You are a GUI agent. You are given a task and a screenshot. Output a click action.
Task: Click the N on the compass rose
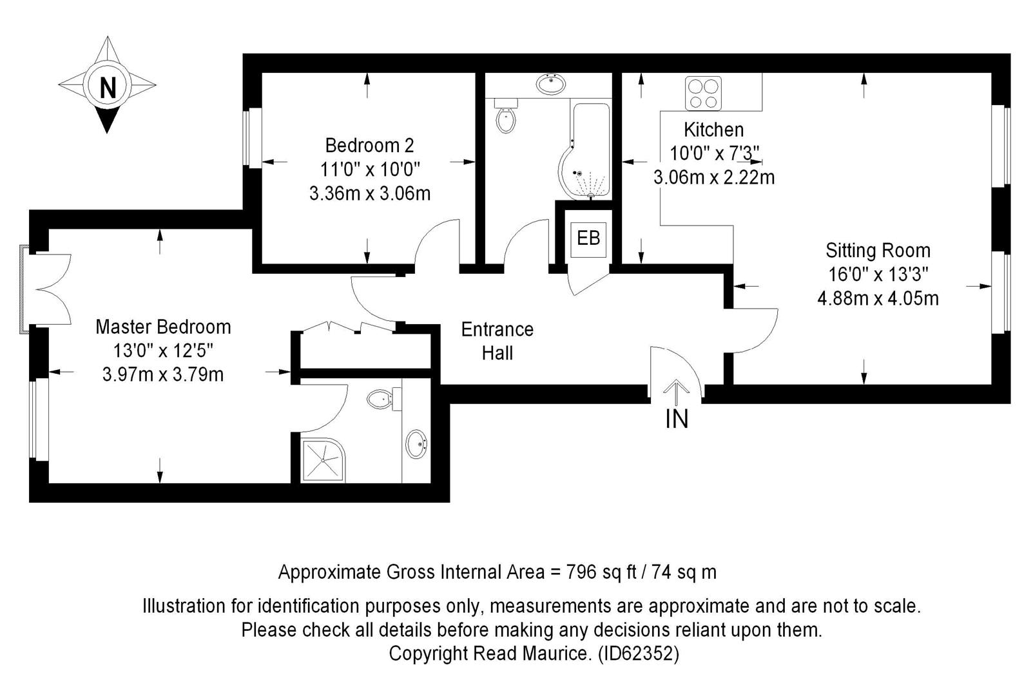click(108, 87)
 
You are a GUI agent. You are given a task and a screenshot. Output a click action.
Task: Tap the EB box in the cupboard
click(588, 239)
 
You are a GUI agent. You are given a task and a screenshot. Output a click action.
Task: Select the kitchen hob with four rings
click(703, 93)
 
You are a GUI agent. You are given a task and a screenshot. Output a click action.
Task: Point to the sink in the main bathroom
click(551, 84)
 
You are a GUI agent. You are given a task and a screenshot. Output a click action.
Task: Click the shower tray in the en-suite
click(323, 460)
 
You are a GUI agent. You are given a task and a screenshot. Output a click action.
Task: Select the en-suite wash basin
click(417, 444)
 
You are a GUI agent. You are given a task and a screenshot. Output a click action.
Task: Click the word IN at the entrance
click(677, 420)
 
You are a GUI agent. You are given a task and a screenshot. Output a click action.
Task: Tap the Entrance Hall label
click(497, 342)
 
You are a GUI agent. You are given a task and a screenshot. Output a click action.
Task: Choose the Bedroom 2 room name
click(369, 145)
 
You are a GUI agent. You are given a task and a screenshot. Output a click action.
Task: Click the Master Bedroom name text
click(163, 327)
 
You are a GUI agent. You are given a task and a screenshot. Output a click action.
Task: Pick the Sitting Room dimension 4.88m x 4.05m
click(878, 298)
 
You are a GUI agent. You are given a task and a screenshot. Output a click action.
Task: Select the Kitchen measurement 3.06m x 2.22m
click(714, 177)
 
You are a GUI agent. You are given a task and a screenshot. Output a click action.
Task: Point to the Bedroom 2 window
click(252, 137)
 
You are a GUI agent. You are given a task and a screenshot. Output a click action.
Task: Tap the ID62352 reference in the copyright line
click(639, 653)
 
